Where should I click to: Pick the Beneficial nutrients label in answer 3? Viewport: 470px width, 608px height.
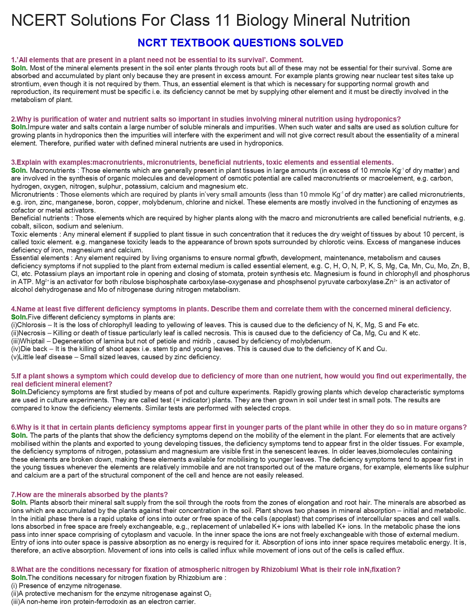[41, 218]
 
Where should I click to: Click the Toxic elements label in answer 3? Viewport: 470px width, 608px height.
[35, 234]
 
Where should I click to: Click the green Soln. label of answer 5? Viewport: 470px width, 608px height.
[19, 392]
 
